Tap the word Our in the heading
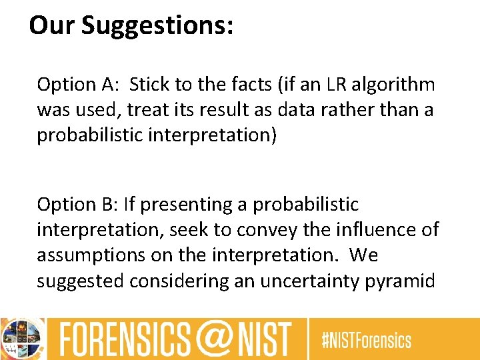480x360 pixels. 53,25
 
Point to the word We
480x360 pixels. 363,255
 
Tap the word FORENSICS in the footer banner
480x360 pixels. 127,339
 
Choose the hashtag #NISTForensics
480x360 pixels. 367,341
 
